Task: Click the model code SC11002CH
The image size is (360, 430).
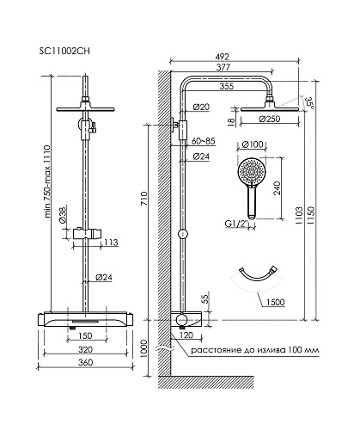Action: point(64,51)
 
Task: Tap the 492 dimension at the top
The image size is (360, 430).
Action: point(222,57)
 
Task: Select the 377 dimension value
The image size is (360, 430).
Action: point(223,67)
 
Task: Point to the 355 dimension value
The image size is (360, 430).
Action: point(227,86)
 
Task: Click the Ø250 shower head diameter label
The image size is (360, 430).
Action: point(270,119)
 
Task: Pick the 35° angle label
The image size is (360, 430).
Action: point(309,102)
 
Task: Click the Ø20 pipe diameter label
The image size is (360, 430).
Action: point(201,107)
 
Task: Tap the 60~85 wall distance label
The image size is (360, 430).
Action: point(203,141)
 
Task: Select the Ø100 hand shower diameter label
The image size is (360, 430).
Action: point(253,144)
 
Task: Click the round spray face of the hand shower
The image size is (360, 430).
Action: point(252,172)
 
